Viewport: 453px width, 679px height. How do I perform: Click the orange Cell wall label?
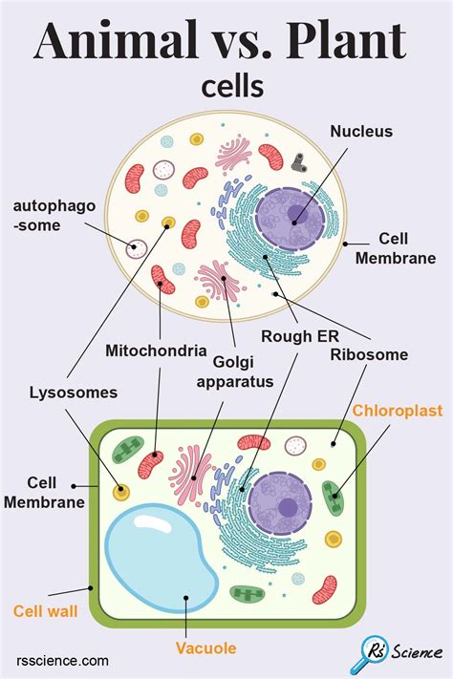[x=45, y=608]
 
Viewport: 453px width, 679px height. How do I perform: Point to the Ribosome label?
[x=369, y=354]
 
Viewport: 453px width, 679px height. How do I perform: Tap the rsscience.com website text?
[x=63, y=660]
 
